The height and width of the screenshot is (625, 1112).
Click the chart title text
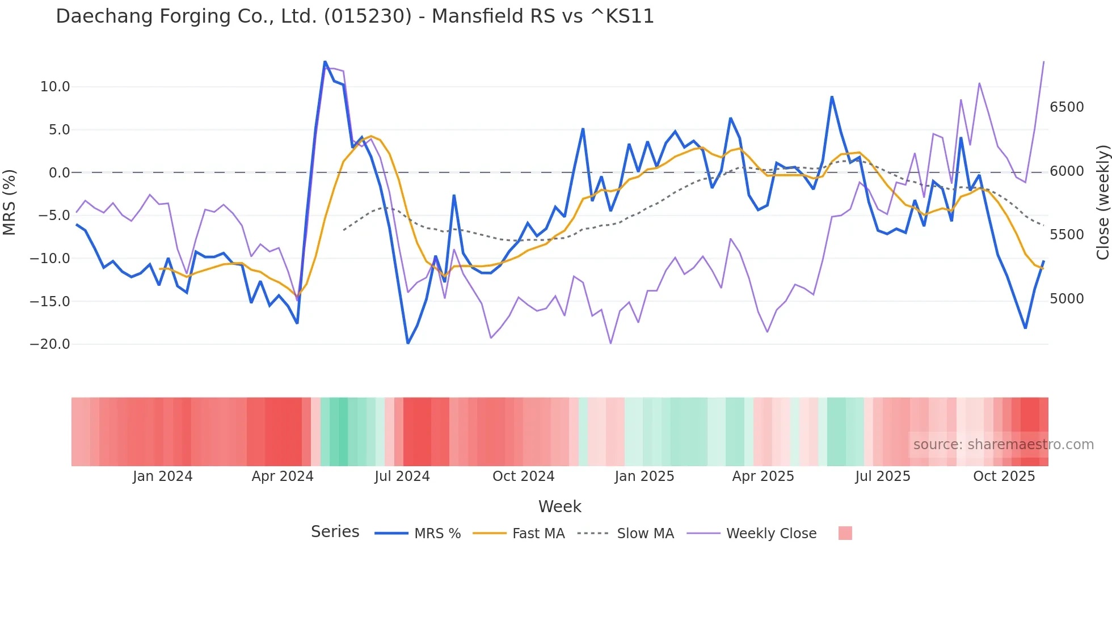point(355,16)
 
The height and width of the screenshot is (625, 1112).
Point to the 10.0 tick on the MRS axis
point(55,87)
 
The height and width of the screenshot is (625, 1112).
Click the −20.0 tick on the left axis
point(50,344)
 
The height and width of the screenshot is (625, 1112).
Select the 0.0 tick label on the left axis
point(59,172)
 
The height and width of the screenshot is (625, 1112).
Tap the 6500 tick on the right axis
point(1067,107)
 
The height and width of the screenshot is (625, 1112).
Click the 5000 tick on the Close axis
point(1067,299)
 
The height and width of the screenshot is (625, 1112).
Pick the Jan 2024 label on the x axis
point(163,476)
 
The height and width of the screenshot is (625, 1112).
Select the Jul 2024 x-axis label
point(402,476)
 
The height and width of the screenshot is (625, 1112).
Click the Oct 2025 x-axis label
point(1004,476)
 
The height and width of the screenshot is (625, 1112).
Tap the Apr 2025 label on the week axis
point(763,476)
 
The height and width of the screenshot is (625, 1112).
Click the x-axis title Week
point(559,506)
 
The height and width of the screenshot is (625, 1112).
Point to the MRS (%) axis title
point(10,202)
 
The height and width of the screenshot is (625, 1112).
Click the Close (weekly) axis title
point(1102,202)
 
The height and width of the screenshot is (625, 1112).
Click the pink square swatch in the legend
point(845,533)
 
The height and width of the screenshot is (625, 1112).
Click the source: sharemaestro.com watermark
point(1003,445)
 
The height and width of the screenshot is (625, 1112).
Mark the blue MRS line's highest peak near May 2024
point(325,61)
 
